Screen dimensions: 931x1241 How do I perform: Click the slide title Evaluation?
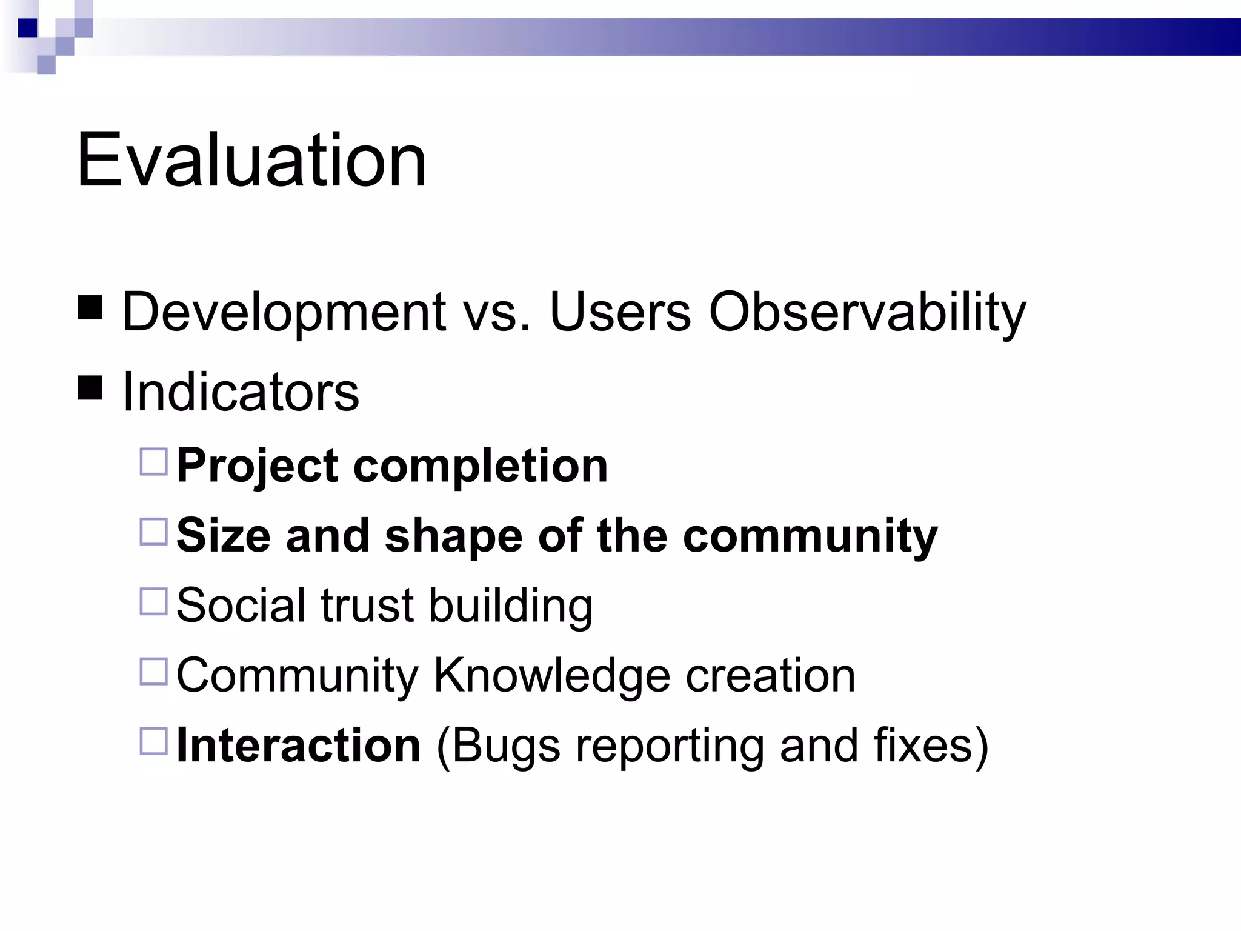click(x=251, y=161)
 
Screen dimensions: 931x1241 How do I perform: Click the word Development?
click(x=284, y=312)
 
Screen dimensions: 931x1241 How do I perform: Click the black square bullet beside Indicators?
click(x=90, y=388)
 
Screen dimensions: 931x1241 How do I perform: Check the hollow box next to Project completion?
click(x=153, y=462)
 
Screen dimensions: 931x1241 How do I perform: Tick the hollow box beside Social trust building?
click(x=153, y=601)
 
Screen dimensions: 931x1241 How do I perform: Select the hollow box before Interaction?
click(x=153, y=741)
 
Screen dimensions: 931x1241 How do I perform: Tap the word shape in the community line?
click(x=453, y=536)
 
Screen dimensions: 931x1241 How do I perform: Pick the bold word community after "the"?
click(x=810, y=536)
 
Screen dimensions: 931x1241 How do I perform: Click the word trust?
click(x=367, y=606)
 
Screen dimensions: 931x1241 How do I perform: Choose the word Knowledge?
click(x=551, y=675)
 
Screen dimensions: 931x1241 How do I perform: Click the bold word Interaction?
click(x=298, y=745)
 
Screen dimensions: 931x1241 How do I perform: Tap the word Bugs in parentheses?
click(x=505, y=745)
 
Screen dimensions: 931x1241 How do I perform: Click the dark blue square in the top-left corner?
click(x=28, y=28)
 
